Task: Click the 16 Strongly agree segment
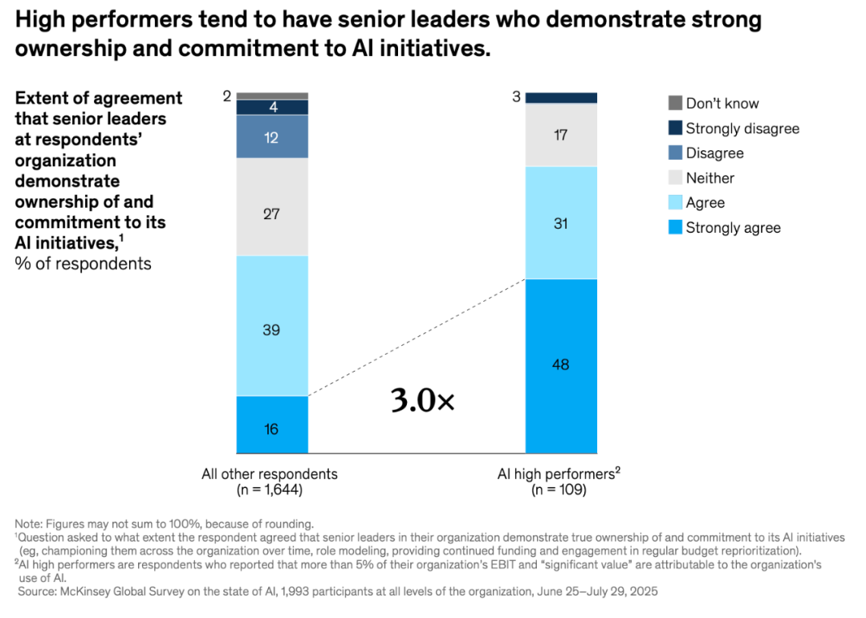tap(272, 425)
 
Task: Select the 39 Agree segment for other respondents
tap(272, 326)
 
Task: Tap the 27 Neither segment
tap(272, 207)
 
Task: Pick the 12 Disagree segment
tap(272, 136)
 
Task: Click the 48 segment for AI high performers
tap(561, 365)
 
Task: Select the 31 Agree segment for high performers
tap(561, 222)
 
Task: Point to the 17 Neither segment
tap(561, 135)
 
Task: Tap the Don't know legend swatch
tap(675, 103)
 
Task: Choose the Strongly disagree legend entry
tap(742, 128)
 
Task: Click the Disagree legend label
tap(714, 153)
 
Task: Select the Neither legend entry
tap(709, 178)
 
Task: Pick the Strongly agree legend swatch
tap(675, 228)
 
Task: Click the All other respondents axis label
tap(270, 474)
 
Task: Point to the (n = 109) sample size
tap(559, 490)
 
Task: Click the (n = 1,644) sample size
tap(270, 490)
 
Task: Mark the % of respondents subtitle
tap(83, 263)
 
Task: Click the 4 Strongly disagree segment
tap(272, 107)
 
